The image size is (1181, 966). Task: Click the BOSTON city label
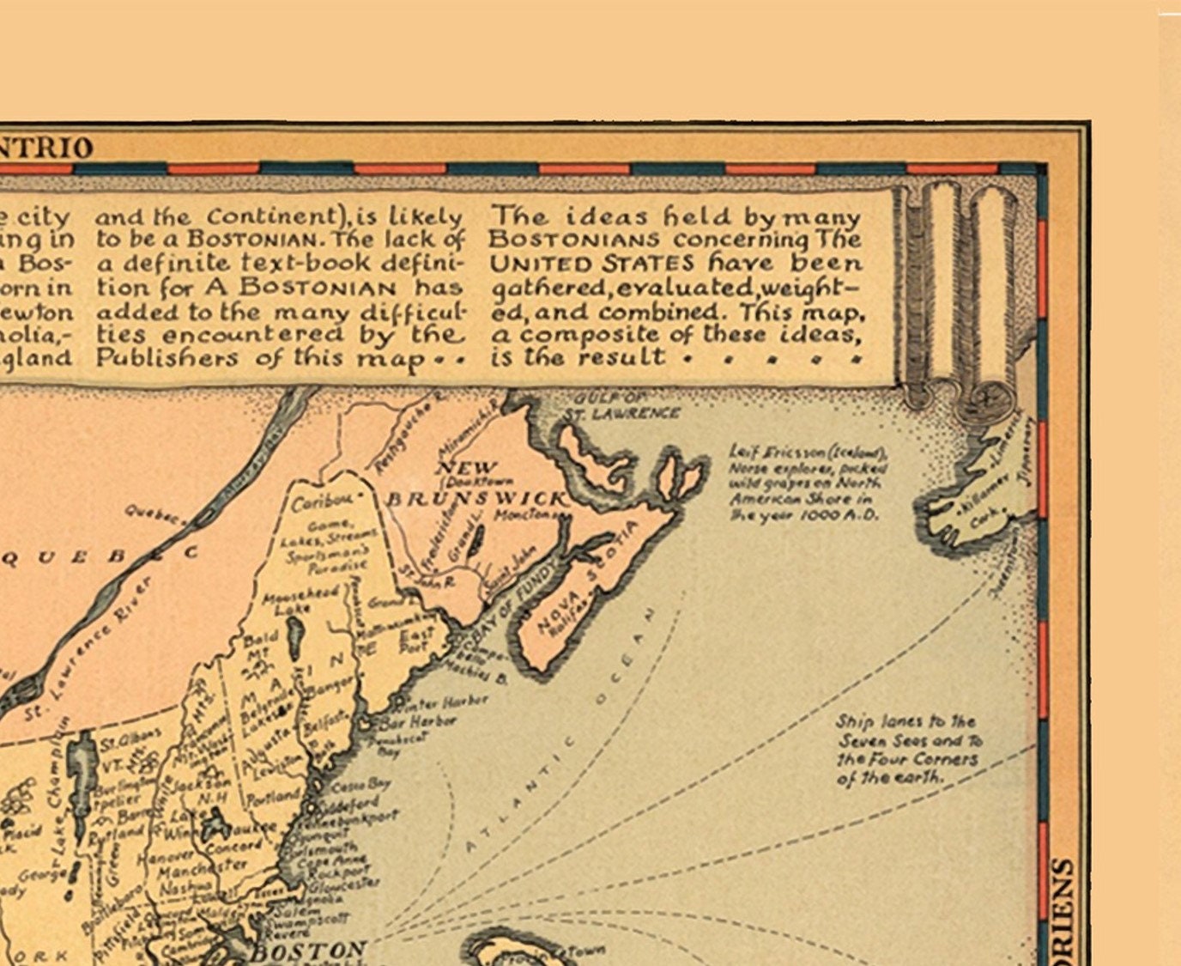[307, 951]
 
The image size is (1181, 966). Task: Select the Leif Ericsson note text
[807, 483]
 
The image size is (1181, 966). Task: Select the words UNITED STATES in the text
[591, 263]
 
